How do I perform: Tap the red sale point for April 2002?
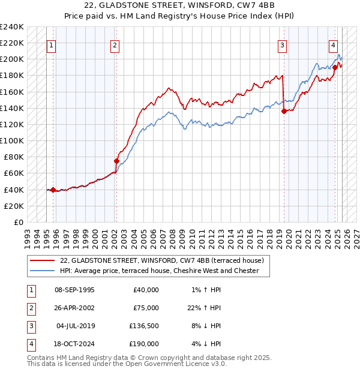(117, 161)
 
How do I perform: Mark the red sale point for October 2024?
(335, 67)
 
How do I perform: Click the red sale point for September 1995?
(53, 190)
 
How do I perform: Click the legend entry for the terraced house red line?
(157, 260)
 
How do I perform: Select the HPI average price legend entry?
(159, 271)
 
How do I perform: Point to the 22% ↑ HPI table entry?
(202, 308)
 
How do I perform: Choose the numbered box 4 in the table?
(30, 344)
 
